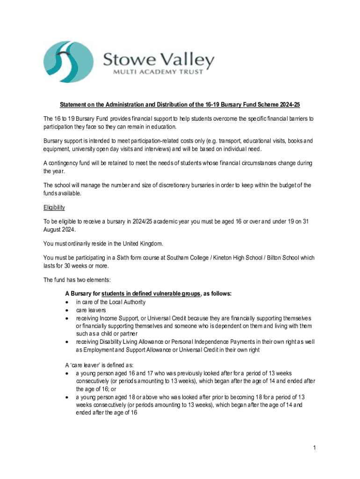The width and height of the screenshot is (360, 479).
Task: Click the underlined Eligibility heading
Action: [54, 207]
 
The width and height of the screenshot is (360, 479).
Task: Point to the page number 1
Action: [316, 448]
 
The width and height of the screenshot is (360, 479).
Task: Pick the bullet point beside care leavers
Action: [68, 310]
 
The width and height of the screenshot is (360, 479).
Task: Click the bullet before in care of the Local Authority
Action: [68, 303]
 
